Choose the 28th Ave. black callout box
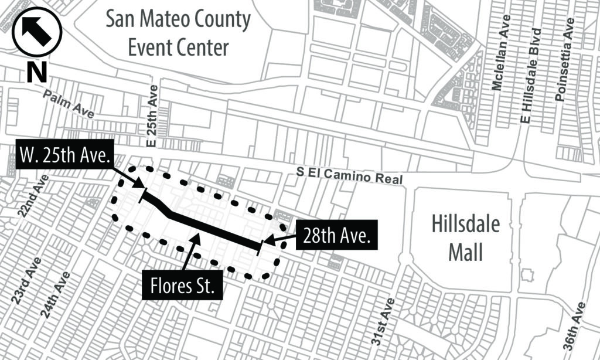pos(337,236)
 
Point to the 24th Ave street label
pos(56,295)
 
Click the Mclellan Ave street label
pos(498,53)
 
